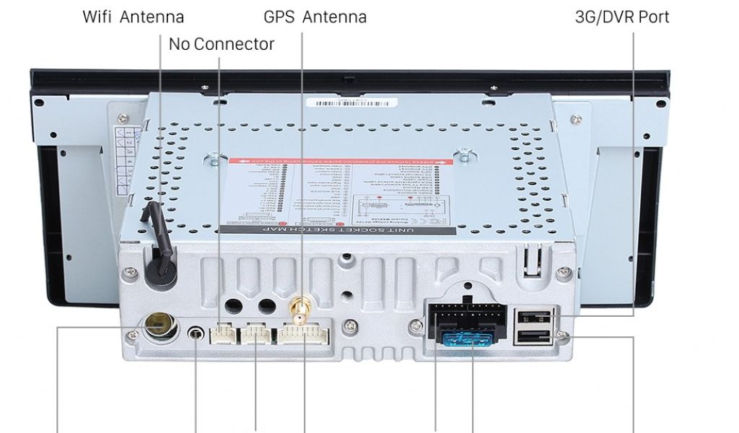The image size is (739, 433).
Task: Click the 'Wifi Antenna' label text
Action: [x=134, y=17]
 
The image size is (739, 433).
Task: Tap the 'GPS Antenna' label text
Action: [x=315, y=17]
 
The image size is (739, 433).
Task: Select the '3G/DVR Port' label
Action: [x=622, y=17]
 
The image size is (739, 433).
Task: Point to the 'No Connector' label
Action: [x=222, y=44]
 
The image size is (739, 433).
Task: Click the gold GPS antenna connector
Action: [x=296, y=312]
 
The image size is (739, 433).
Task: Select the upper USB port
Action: [x=533, y=315]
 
